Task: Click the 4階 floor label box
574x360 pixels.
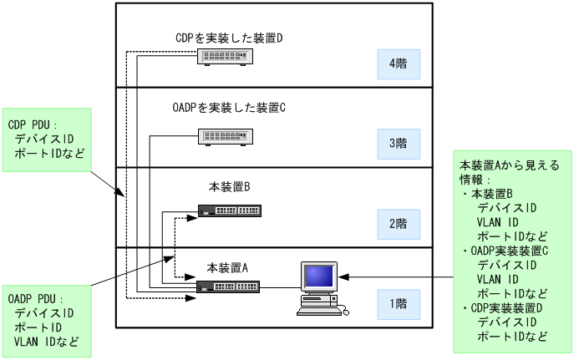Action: pos(398,63)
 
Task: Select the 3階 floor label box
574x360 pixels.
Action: pos(398,143)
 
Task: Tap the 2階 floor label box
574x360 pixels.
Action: pos(398,223)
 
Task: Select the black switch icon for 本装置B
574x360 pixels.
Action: pos(228,210)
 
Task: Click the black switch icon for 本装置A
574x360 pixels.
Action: pos(228,286)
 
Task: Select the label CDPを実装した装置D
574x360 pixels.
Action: pos(229,38)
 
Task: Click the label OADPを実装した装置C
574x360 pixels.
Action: pos(229,108)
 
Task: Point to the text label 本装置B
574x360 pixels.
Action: pos(229,187)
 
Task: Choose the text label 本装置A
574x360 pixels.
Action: pos(229,267)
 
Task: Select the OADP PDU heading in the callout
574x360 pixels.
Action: pos(36,298)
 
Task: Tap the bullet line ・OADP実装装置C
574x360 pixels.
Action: pos(505,251)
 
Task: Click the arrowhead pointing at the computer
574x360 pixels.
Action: pos(343,276)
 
